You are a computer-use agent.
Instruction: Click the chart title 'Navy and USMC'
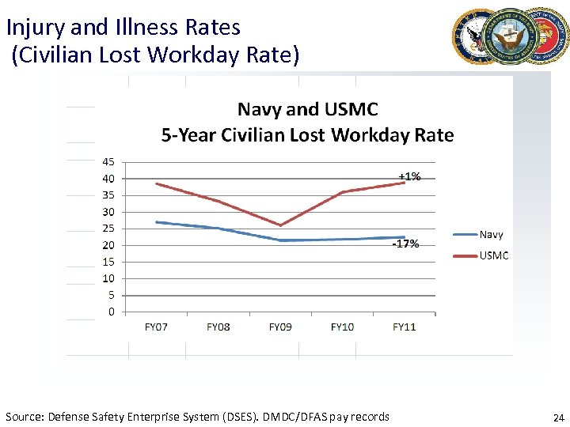pyautogui.click(x=308, y=109)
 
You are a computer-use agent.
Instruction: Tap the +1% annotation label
pyautogui.click(x=409, y=176)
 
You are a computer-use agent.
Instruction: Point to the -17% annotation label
pyautogui.click(x=406, y=244)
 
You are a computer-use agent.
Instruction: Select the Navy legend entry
pyautogui.click(x=491, y=234)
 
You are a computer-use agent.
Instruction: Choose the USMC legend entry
pyautogui.click(x=493, y=255)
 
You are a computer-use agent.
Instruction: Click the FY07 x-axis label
pyautogui.click(x=156, y=327)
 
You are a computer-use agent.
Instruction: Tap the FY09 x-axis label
pyautogui.click(x=280, y=327)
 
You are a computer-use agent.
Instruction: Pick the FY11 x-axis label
pyautogui.click(x=405, y=327)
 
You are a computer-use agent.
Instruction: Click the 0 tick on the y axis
pyautogui.click(x=111, y=312)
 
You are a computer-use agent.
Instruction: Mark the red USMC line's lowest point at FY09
pyautogui.click(x=280, y=225)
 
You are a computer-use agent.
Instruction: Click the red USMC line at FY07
pyautogui.click(x=156, y=183)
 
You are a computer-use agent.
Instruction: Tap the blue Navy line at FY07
pyautogui.click(x=156, y=222)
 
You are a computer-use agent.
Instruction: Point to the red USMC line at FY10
pyautogui.click(x=342, y=192)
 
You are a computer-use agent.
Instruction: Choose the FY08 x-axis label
pyautogui.click(x=218, y=327)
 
